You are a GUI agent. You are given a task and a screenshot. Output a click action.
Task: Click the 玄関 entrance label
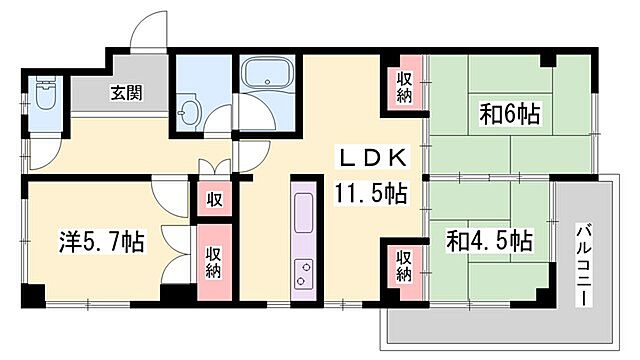[125, 94]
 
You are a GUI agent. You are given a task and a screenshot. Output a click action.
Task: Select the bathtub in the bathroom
[267, 76]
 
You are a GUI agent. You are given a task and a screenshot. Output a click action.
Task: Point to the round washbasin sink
[189, 113]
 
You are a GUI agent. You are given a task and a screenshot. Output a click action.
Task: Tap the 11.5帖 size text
[371, 192]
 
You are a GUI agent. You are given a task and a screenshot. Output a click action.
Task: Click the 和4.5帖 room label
[490, 241]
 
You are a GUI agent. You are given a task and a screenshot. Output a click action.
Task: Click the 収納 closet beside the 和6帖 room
[403, 87]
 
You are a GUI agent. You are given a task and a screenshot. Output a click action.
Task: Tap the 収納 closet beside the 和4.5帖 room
[403, 262]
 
